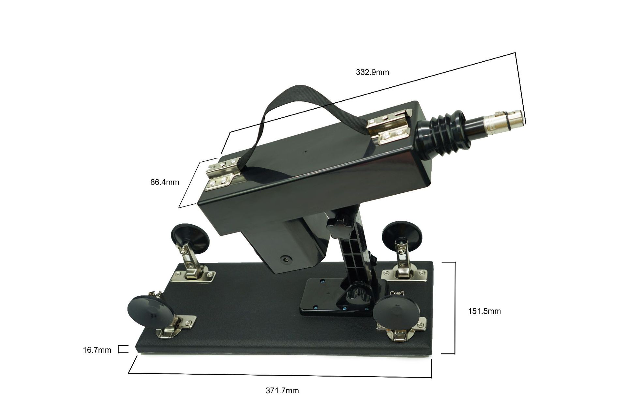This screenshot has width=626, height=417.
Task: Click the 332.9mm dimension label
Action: pos(372,72)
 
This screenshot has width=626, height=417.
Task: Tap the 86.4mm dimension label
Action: pos(165,182)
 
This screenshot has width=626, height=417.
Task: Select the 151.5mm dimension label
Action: pos(484,311)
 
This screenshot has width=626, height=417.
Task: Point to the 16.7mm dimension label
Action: pos(97,350)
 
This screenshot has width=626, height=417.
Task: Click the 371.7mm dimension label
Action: pos(282,391)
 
